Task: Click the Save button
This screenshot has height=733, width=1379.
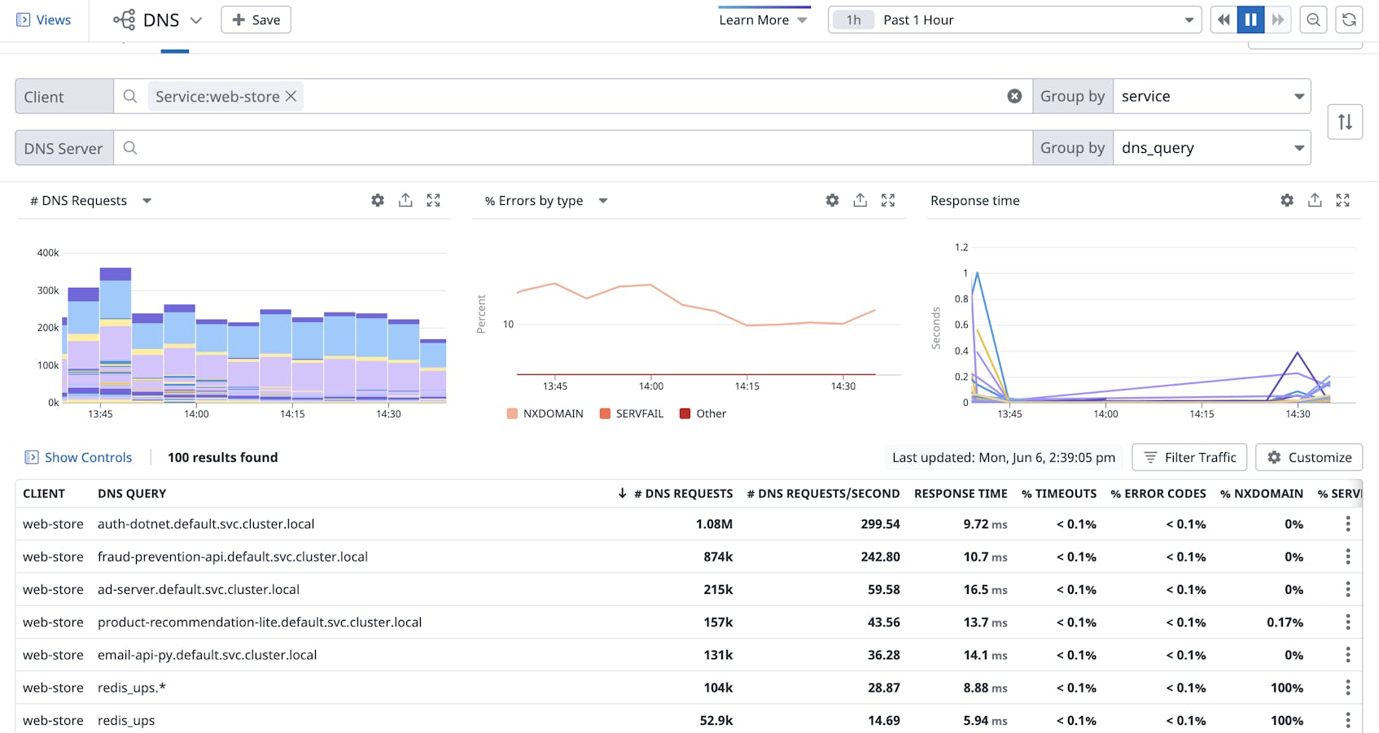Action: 256,20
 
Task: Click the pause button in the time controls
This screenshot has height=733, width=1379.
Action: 1250,20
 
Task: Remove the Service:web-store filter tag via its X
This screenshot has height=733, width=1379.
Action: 291,96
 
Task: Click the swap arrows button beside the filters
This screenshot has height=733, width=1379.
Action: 1345,122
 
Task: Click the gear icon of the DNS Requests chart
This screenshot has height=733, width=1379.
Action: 378,200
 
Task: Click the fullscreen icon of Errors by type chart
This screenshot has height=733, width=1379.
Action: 888,200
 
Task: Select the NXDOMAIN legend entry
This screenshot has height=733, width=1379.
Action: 545,413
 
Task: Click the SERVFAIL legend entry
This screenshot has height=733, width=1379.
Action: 632,413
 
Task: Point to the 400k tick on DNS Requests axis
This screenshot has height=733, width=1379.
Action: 48,253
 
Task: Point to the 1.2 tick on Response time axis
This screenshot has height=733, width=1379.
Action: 961,247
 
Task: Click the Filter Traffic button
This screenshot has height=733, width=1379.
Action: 1189,457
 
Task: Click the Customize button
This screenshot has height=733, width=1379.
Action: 1308,457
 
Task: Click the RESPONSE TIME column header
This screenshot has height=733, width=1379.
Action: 961,494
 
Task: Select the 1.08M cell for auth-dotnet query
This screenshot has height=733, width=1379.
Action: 714,525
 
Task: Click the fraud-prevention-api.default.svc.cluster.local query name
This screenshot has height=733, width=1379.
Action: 233,557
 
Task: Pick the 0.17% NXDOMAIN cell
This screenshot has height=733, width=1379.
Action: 1285,622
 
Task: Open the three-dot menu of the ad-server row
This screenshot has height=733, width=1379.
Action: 1348,590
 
